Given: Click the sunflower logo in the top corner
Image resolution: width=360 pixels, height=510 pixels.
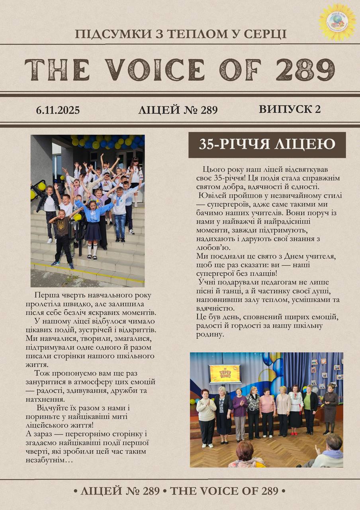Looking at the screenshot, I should (x=337, y=22).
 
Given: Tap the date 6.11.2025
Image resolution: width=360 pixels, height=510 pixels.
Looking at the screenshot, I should (x=58, y=110).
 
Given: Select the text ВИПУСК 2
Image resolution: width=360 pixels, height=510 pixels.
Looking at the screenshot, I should (x=290, y=109).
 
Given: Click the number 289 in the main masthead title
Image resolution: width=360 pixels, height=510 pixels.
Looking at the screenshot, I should (x=305, y=70).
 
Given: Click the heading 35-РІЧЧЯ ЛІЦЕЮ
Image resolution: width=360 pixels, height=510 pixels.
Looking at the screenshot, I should (x=267, y=145).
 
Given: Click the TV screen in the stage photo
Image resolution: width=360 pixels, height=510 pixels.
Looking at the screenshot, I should (x=225, y=373).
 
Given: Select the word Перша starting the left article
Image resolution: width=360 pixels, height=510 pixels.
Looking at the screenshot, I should (x=46, y=296).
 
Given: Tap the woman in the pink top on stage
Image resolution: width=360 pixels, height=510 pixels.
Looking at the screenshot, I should (x=267, y=410).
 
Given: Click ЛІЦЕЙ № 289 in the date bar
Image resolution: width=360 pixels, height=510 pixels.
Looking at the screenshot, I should (x=178, y=110).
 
